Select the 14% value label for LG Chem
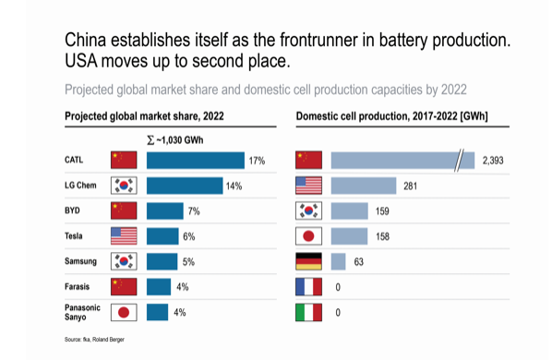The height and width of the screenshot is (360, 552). tap(234, 186)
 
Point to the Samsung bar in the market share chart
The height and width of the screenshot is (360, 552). tap(162, 261)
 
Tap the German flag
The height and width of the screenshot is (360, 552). tap(308, 261)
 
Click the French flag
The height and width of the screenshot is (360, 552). tap(308, 287)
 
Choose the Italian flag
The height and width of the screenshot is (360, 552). tap(308, 312)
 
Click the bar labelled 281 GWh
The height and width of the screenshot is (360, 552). tap(363, 186)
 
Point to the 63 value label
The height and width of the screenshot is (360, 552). tap(359, 261)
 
